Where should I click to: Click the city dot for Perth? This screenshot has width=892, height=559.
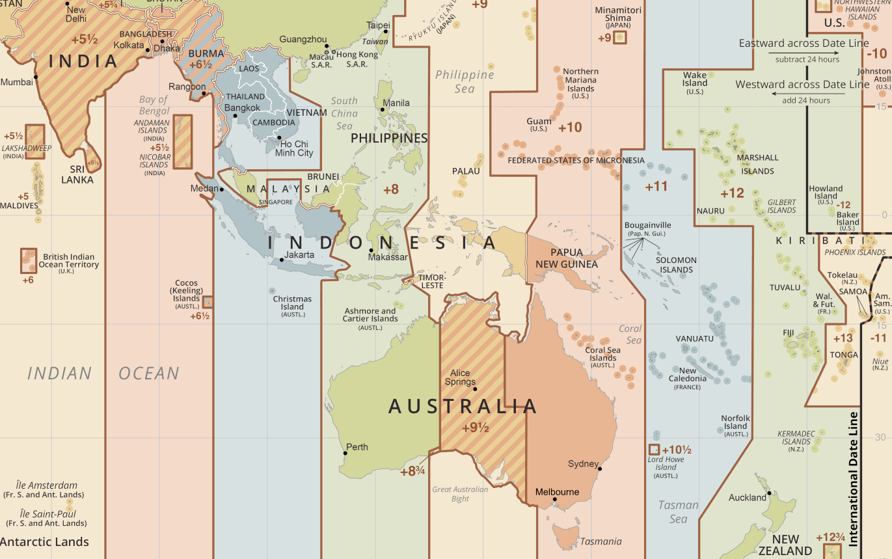(x=345, y=453)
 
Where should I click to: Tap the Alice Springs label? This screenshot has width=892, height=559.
(x=459, y=377)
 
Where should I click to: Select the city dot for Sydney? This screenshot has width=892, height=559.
(x=600, y=469)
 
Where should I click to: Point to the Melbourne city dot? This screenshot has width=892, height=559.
(x=554, y=500)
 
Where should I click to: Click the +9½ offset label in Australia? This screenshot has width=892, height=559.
(x=475, y=428)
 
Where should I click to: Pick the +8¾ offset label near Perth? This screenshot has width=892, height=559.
(x=412, y=470)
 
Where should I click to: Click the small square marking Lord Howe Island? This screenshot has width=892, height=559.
(x=654, y=450)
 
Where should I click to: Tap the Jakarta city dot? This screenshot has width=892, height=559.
(x=281, y=260)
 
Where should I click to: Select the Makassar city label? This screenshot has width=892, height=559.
(x=388, y=257)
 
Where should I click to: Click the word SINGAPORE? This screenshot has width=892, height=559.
(x=275, y=202)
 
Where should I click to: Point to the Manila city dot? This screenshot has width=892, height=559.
(x=383, y=109)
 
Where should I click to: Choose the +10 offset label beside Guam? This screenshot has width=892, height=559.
(x=570, y=127)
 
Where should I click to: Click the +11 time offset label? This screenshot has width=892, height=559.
(x=656, y=187)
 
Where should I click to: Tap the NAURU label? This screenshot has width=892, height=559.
(x=710, y=211)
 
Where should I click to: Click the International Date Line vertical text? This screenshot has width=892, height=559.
(x=854, y=478)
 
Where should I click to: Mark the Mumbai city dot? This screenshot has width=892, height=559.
(x=36, y=77)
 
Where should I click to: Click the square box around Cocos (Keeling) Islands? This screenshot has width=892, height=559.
(x=208, y=301)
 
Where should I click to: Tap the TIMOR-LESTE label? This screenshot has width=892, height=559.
(x=431, y=281)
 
